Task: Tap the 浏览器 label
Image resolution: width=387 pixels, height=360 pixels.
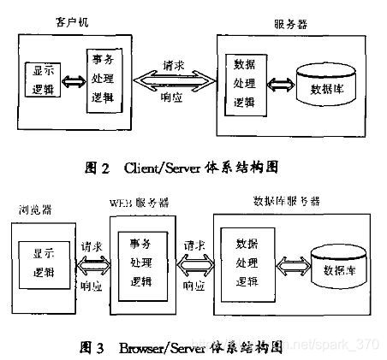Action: click(x=33, y=209)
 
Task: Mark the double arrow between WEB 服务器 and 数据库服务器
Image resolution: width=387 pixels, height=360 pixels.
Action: click(x=195, y=264)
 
